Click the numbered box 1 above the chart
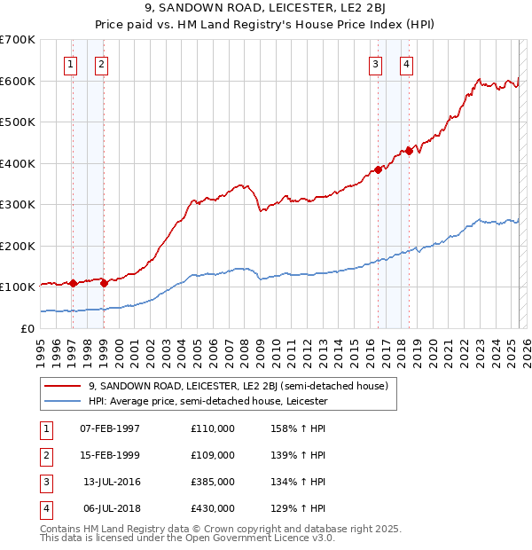(x=70, y=63)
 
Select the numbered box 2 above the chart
(x=102, y=63)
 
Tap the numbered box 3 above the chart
(x=375, y=63)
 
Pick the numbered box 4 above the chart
(x=406, y=63)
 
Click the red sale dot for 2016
(x=378, y=169)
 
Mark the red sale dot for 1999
(x=104, y=284)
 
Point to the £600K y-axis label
(x=17, y=81)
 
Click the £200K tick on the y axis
(x=17, y=246)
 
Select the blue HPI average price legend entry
(x=208, y=401)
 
